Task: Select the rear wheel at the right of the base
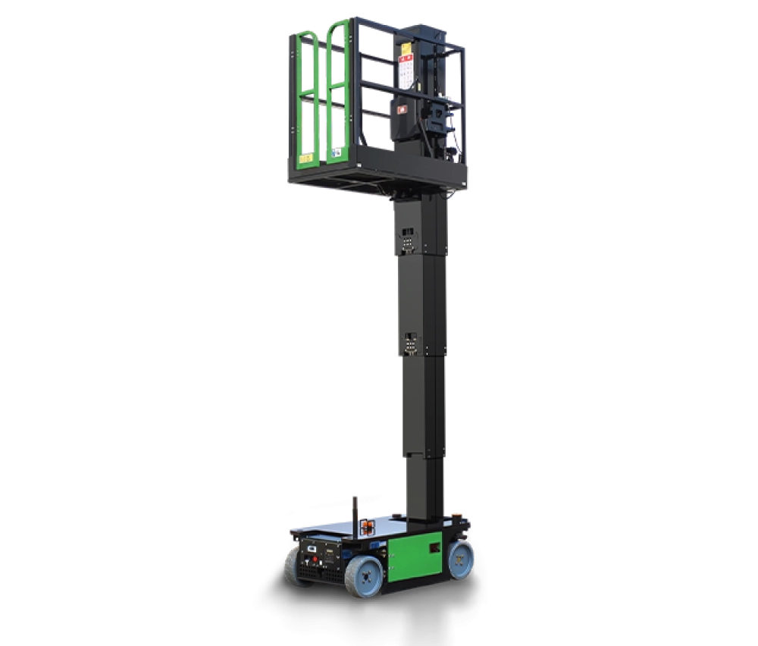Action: click(x=460, y=557)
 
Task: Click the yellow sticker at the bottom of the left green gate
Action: click(x=306, y=159)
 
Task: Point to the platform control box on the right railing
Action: click(x=437, y=117)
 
